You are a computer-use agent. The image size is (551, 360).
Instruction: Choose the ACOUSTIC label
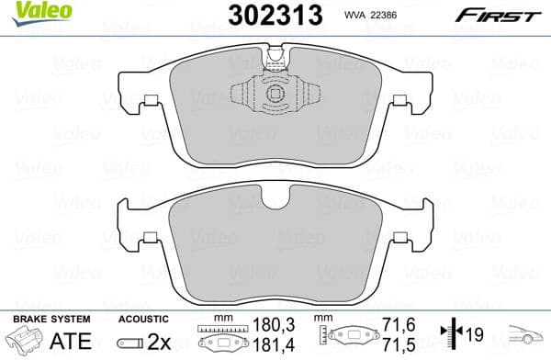[142, 319]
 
